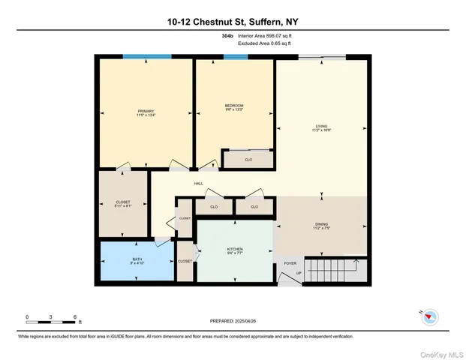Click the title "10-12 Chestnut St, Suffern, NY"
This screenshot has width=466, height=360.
[x=233, y=22]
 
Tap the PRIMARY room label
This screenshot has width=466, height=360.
[x=145, y=111]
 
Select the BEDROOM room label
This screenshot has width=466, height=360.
[x=234, y=106]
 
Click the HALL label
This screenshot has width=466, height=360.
[x=198, y=184]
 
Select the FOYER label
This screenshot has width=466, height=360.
[x=290, y=264]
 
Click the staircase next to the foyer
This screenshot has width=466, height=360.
[x=332, y=267]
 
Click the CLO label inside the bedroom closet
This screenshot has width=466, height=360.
[x=248, y=159]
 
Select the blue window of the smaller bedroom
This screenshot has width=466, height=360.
[x=234, y=57]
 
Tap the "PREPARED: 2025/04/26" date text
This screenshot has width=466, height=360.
[x=232, y=320]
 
